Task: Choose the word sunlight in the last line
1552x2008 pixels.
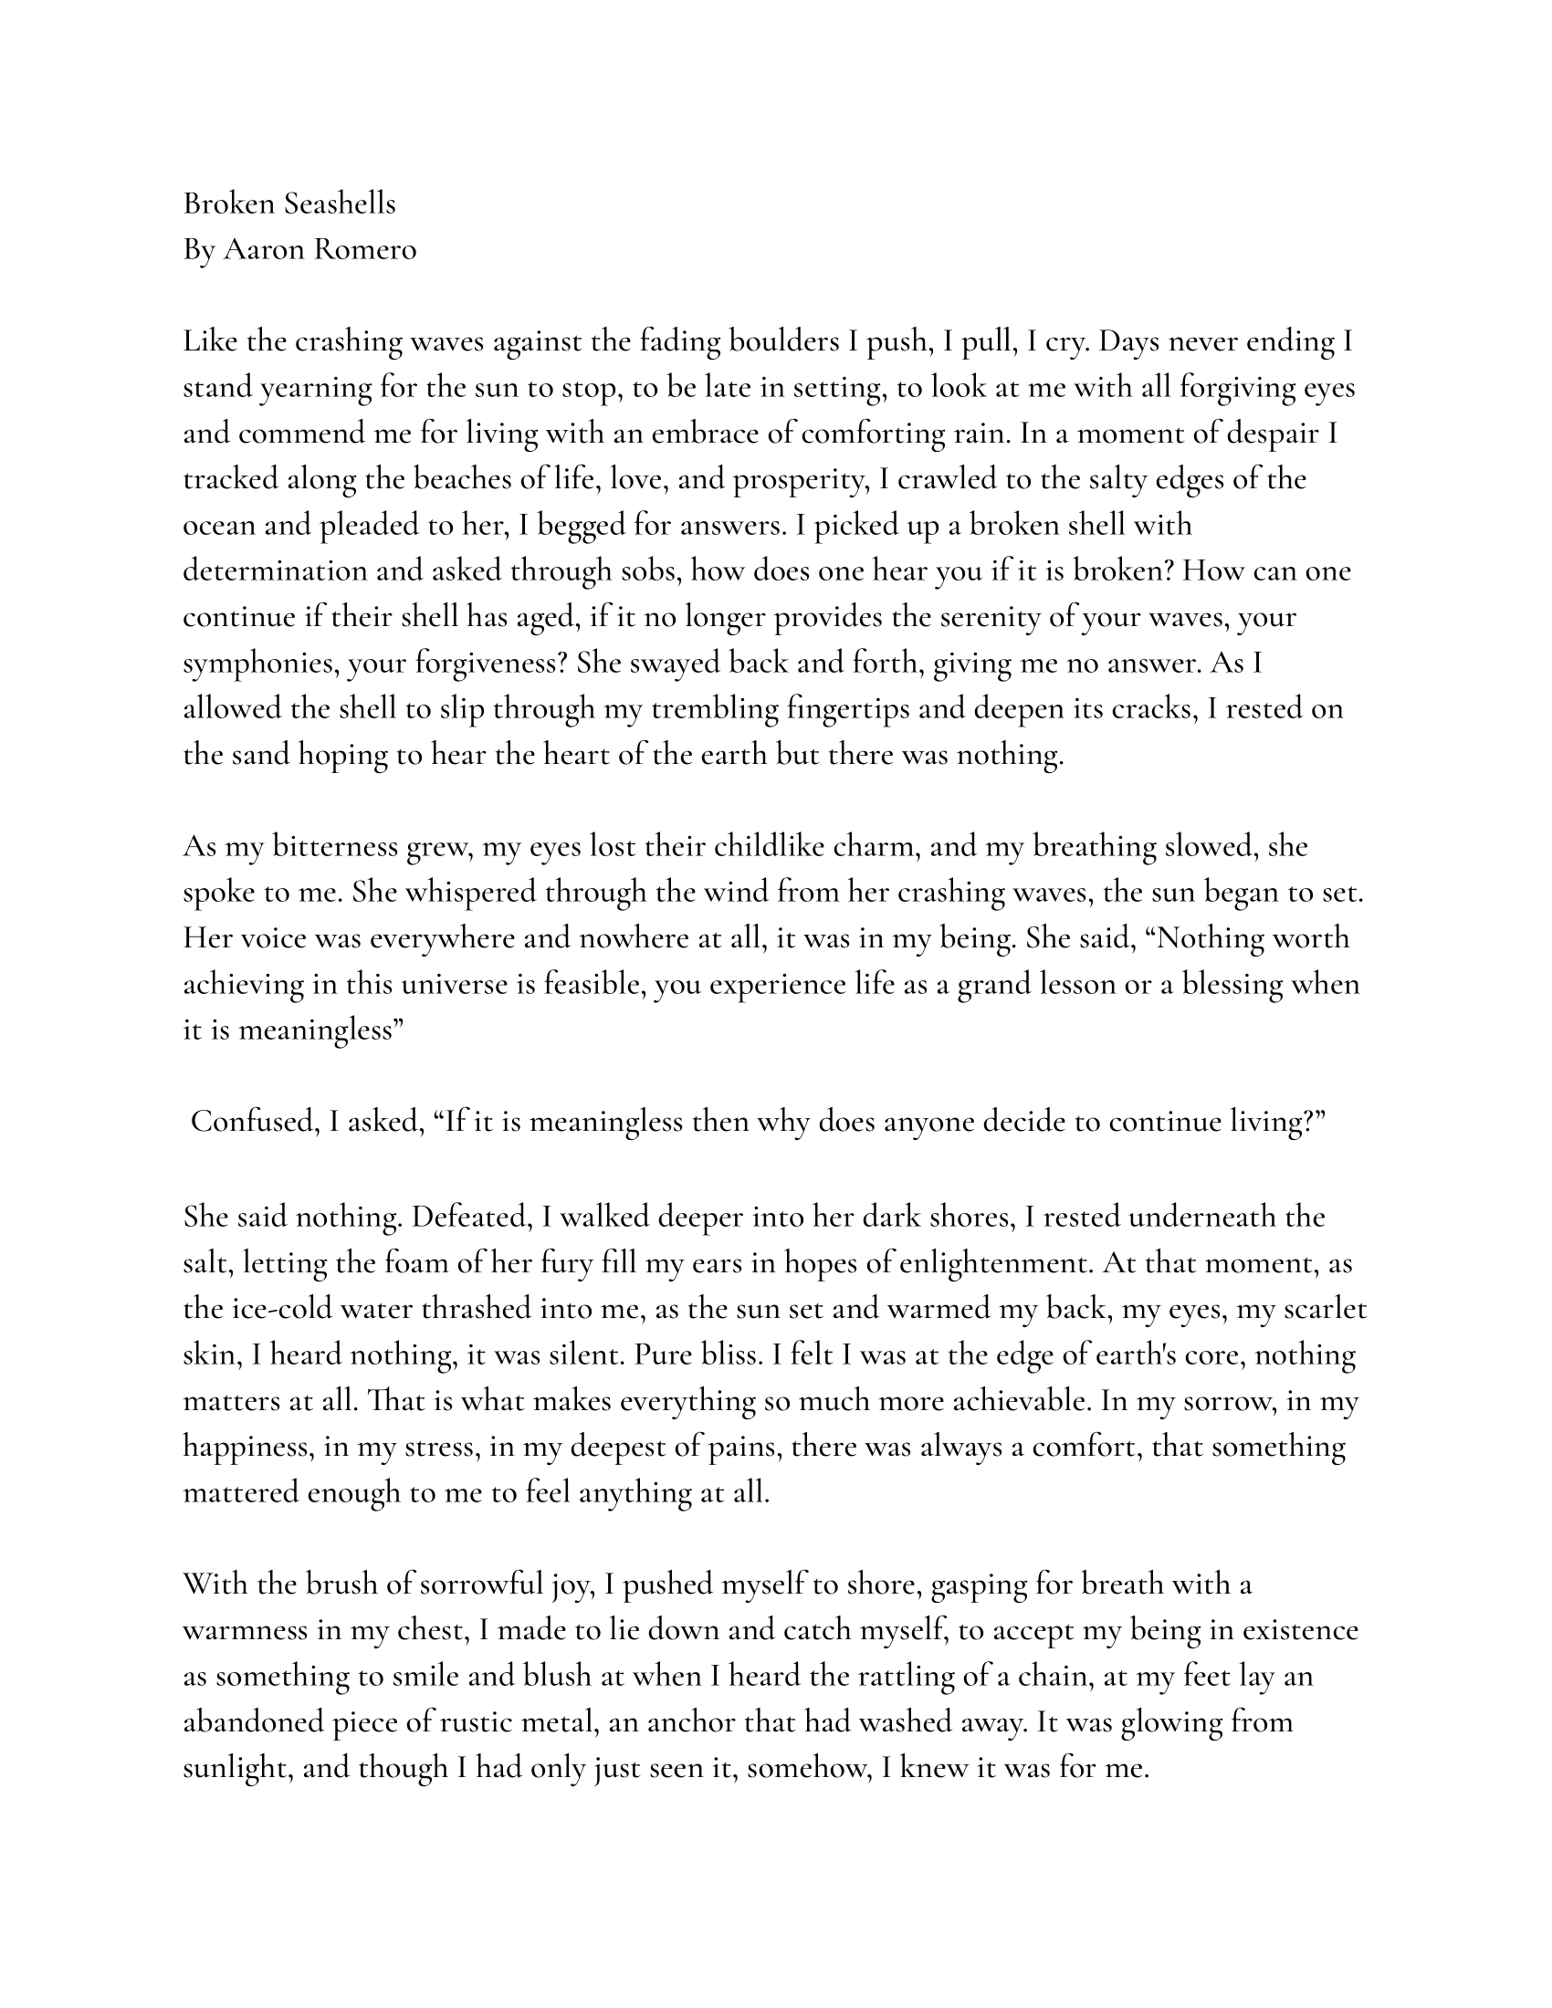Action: point(236,1769)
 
